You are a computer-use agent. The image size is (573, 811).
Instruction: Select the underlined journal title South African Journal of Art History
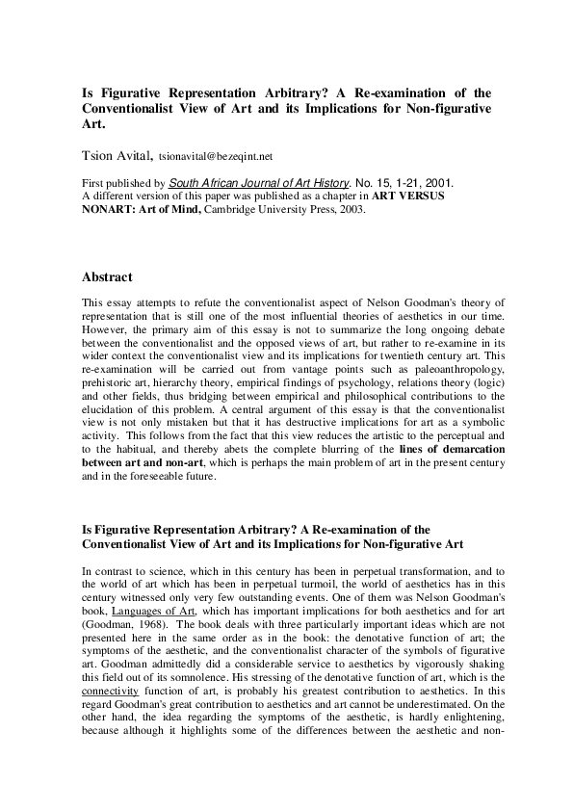click(x=252, y=182)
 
